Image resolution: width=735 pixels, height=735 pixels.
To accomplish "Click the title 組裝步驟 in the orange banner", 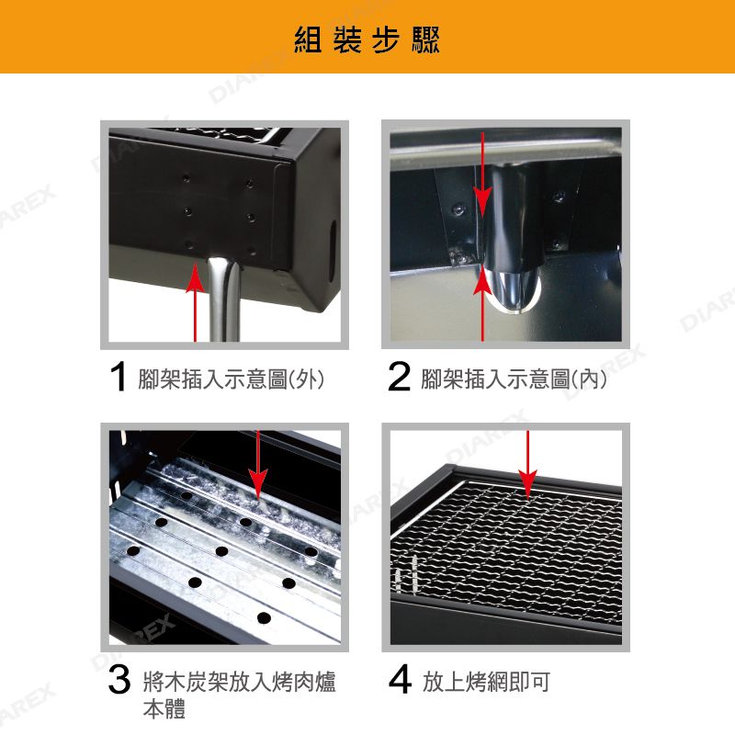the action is [367, 40].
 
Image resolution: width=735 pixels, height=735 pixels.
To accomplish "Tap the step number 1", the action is [119, 377].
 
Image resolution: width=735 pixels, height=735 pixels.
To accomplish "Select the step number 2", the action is [399, 376].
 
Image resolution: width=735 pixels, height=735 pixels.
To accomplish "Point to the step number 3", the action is [119, 679].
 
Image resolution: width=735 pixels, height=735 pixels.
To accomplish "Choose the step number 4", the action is [400, 679].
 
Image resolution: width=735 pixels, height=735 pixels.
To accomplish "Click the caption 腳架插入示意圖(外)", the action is [231, 379].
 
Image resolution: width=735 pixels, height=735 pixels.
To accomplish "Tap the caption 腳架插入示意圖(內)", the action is [514, 379].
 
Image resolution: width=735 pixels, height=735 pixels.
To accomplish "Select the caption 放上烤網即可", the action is [486, 682].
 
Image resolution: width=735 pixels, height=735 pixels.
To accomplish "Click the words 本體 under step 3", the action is [164, 708].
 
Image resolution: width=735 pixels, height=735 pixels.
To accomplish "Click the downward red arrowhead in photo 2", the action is [482, 202].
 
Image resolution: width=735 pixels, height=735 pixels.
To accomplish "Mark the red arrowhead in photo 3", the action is [258, 483].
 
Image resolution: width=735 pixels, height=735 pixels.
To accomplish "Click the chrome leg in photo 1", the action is [223, 298].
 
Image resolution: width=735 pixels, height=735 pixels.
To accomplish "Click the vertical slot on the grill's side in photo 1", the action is [332, 251].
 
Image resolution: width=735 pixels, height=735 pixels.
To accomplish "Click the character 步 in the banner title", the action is [386, 40].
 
